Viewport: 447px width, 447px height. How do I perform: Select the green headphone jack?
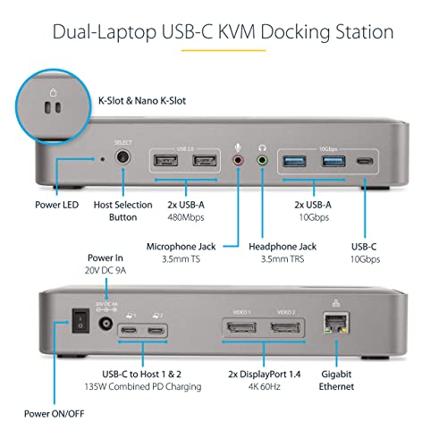point(262,162)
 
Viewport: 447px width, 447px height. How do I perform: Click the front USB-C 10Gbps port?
point(366,162)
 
